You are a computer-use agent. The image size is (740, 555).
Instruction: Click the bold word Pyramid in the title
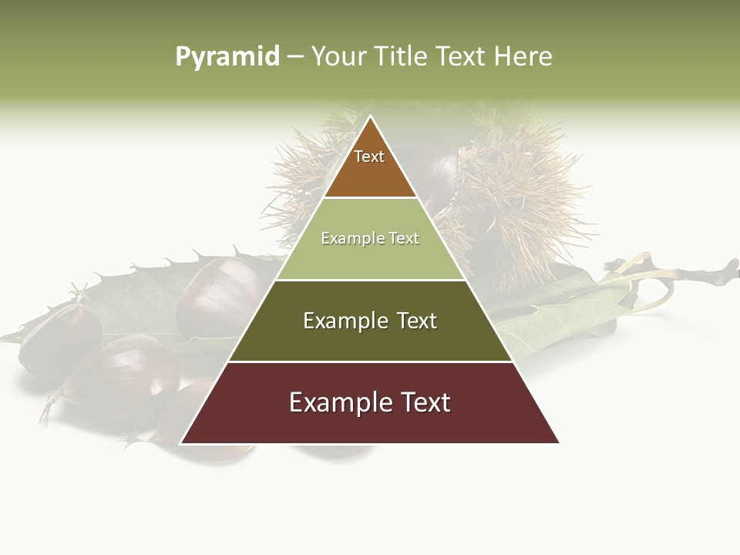tap(227, 57)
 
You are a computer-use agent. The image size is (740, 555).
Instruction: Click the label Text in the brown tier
tap(369, 156)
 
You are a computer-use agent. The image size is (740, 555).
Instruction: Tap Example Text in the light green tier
tap(370, 238)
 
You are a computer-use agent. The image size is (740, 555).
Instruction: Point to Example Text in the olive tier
tap(370, 321)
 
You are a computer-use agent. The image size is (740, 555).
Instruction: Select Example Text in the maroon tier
tap(370, 402)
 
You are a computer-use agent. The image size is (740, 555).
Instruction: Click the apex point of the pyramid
tap(370, 116)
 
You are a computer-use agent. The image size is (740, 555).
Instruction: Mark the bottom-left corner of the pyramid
tap(181, 443)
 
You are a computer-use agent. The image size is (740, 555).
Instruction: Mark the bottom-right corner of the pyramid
tap(559, 443)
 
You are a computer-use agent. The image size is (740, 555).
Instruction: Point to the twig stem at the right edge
tap(694, 270)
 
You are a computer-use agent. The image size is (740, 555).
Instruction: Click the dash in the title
tap(295, 57)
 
